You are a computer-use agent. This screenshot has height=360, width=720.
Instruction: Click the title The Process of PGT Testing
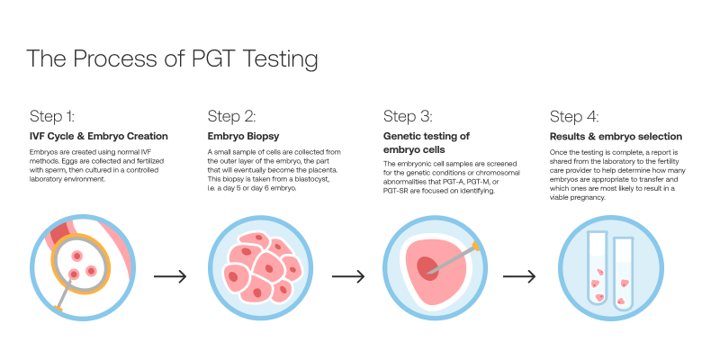click(x=172, y=59)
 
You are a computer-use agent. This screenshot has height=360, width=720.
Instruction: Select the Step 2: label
click(x=232, y=116)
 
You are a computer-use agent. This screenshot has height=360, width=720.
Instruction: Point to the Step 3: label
click(x=408, y=116)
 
